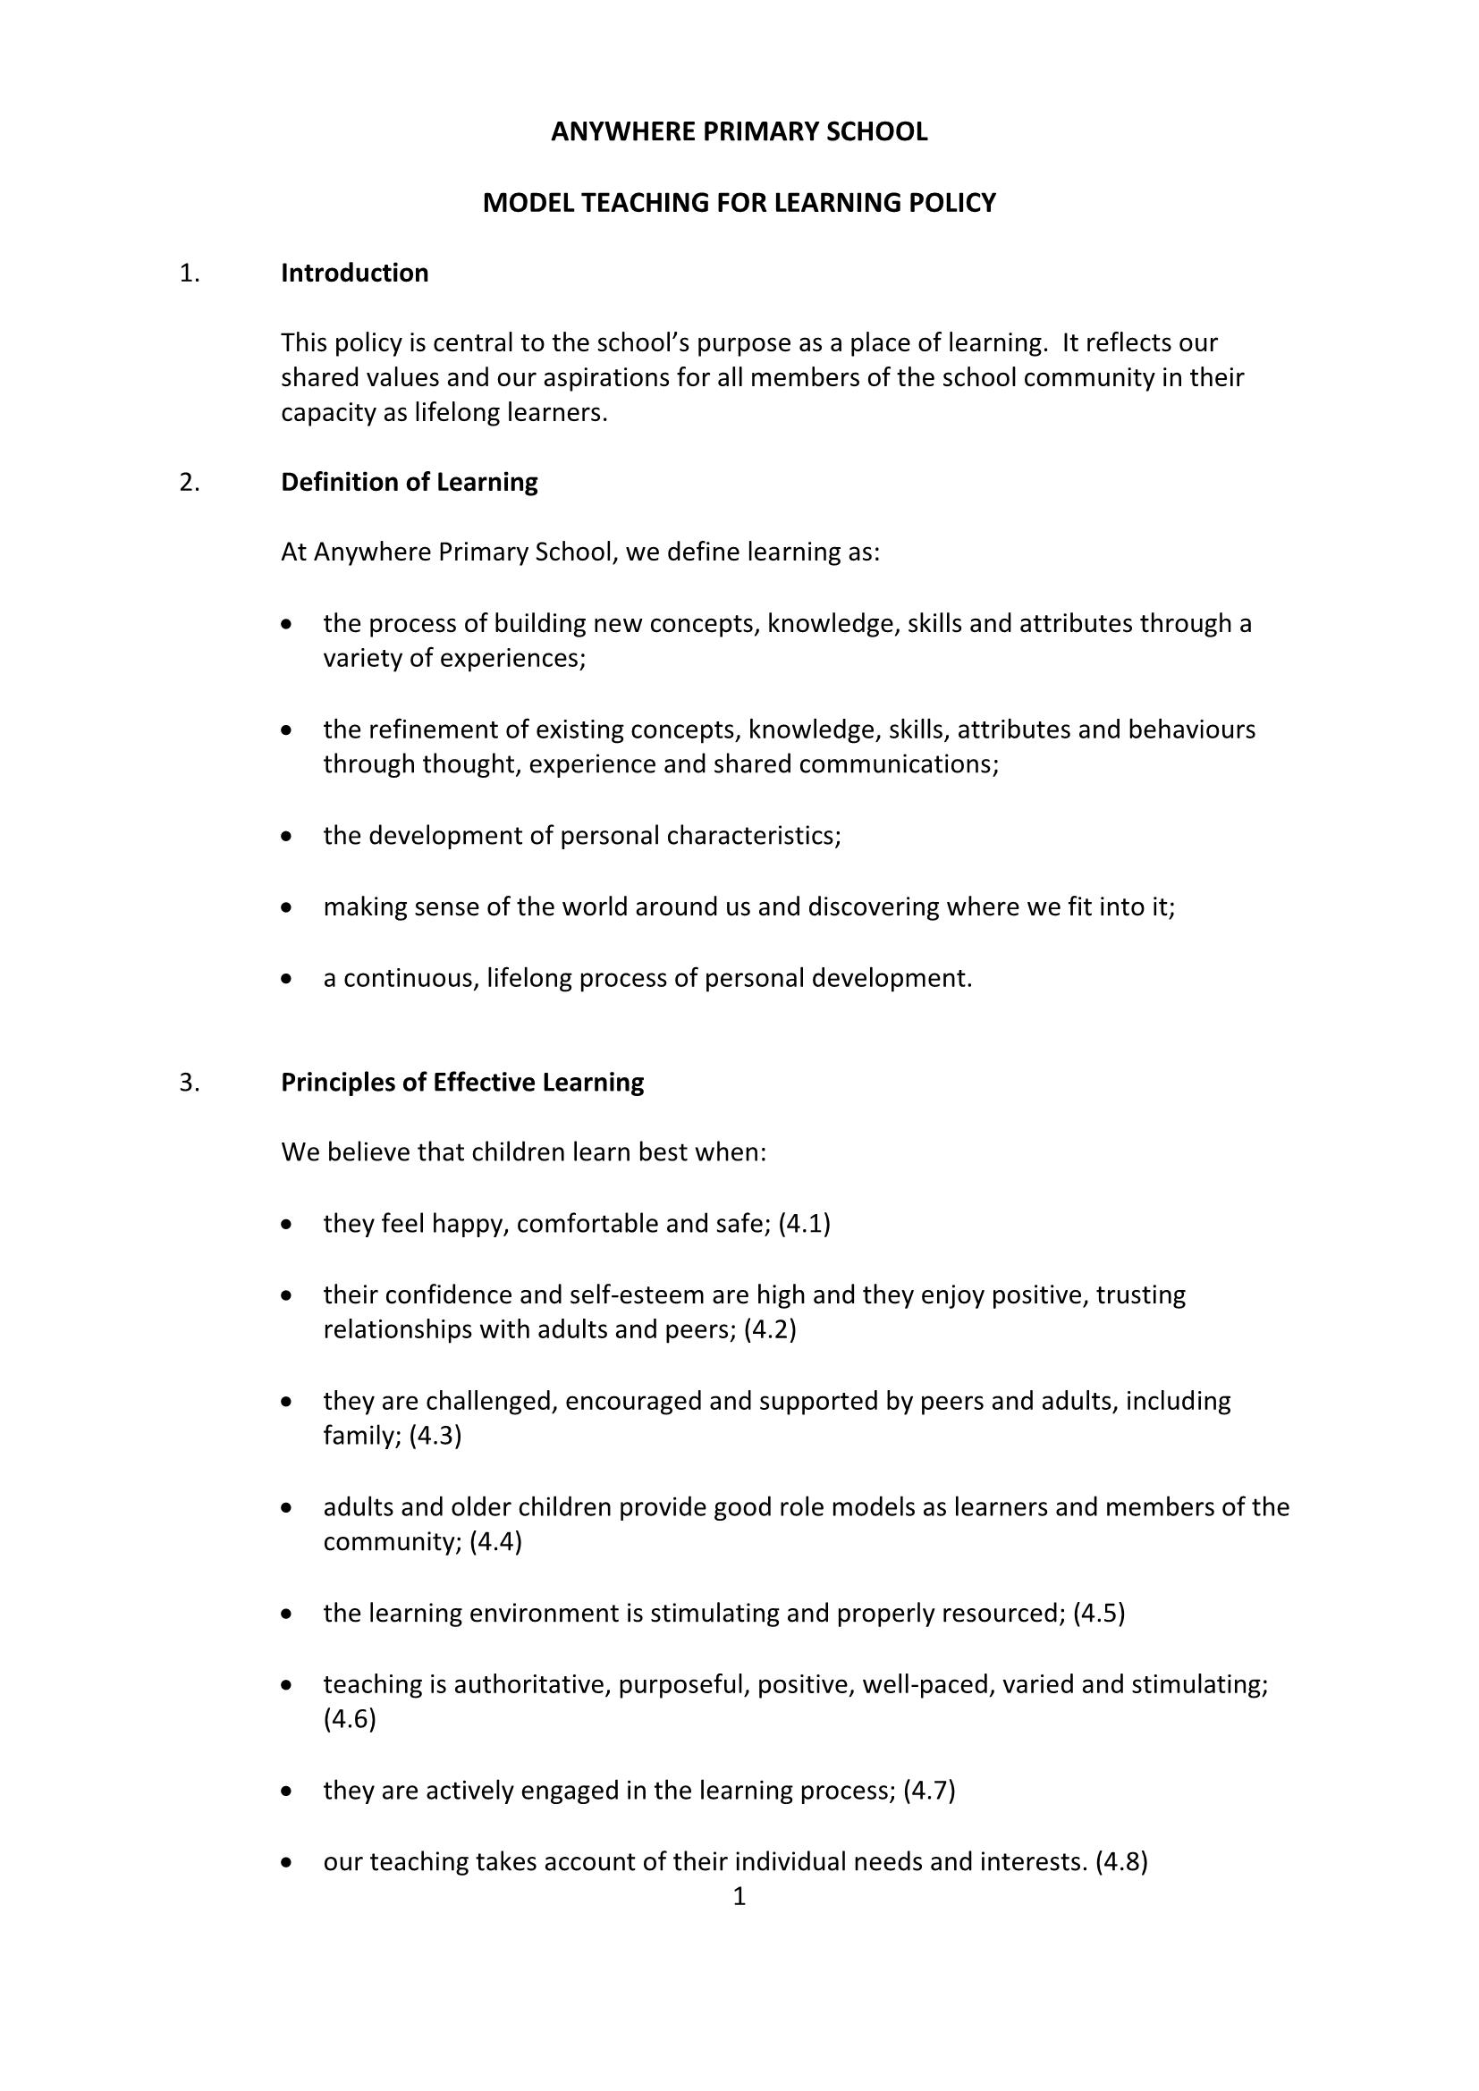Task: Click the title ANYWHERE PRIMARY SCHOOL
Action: pos(739,132)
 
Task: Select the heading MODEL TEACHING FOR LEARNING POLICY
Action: pos(739,202)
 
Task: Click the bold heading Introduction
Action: pos(354,274)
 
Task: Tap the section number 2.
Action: pos(190,482)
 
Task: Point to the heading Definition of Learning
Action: pos(409,482)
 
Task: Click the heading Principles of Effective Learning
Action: pos(461,1082)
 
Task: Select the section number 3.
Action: pos(190,1082)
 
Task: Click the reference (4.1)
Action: pos(804,1223)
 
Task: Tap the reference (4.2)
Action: pos(770,1329)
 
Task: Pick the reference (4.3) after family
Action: pos(435,1436)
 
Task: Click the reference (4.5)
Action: pos(1098,1613)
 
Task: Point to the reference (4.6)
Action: pos(350,1718)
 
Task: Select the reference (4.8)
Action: pos(1121,1861)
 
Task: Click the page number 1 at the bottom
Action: pos(739,1896)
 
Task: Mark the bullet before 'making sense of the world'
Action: pos(287,908)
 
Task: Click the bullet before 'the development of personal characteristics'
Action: pos(287,836)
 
